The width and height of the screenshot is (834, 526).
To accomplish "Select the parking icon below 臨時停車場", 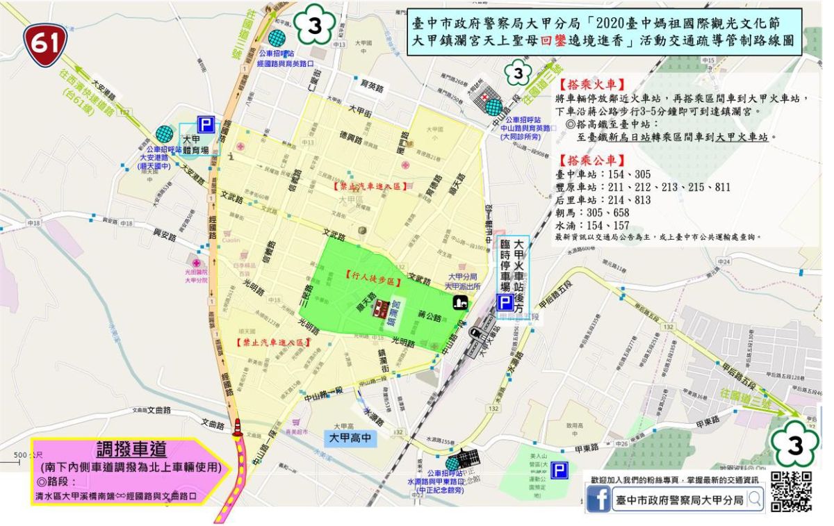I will (x=506, y=302).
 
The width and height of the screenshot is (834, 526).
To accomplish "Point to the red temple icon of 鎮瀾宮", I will (x=379, y=309).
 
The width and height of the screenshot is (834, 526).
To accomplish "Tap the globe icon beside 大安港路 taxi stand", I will (x=165, y=133).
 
